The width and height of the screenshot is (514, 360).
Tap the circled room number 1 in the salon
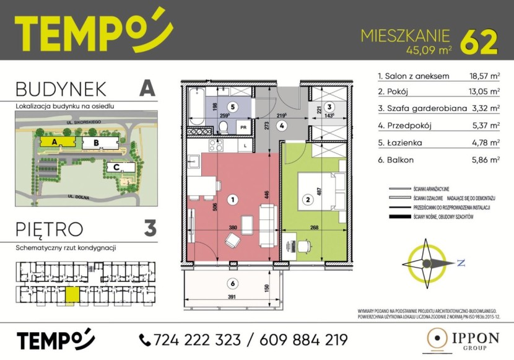[232, 200]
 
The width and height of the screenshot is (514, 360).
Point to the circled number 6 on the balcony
[231, 284]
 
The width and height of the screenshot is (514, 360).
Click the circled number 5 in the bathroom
[232, 107]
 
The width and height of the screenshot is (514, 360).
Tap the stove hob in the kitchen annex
[217, 146]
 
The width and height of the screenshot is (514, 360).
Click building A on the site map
[55, 141]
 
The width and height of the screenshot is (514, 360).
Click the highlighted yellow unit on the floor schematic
[73, 294]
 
